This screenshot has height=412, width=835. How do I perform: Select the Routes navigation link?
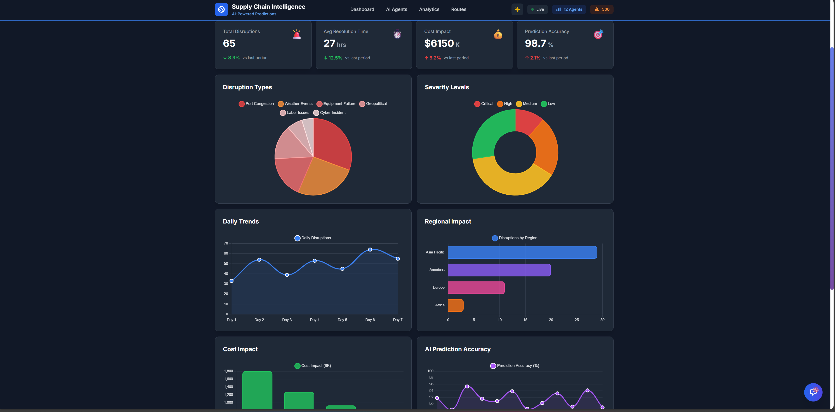458,9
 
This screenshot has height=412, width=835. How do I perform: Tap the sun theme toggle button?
517,9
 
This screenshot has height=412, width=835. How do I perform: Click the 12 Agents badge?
569,9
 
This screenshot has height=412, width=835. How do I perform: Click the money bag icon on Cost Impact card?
498,34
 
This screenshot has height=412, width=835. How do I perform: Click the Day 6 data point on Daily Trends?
370,250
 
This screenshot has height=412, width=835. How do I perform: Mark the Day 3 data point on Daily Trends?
287,275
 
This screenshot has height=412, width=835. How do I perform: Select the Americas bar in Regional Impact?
499,270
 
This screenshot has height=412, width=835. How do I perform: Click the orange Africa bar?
456,305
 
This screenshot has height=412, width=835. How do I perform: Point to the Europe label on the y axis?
438,287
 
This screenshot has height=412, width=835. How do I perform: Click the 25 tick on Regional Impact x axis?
576,320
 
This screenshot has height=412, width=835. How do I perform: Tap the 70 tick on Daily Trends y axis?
226,243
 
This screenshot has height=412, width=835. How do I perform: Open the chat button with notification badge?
813,392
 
